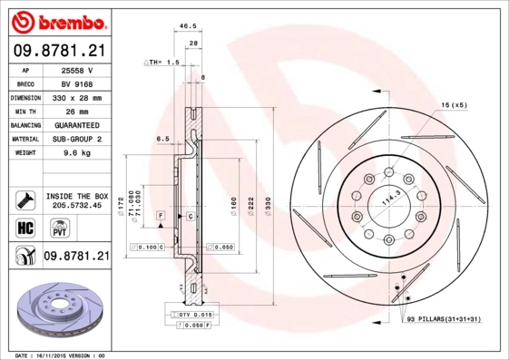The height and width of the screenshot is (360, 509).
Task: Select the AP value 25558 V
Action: point(76,69)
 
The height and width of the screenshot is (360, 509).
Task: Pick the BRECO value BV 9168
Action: point(76,83)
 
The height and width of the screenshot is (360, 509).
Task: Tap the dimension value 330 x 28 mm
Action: point(76,97)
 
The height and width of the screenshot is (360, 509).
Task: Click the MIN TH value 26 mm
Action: point(76,111)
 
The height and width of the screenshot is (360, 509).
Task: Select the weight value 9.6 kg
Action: point(76,153)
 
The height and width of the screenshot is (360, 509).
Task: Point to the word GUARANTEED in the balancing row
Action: point(76,125)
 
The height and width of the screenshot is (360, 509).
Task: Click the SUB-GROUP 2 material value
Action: point(76,139)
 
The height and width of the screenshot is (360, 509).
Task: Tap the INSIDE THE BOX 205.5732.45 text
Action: point(76,201)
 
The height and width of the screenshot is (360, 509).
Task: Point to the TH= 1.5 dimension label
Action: point(163,62)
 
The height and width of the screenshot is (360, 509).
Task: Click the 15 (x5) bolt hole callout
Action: point(453,107)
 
